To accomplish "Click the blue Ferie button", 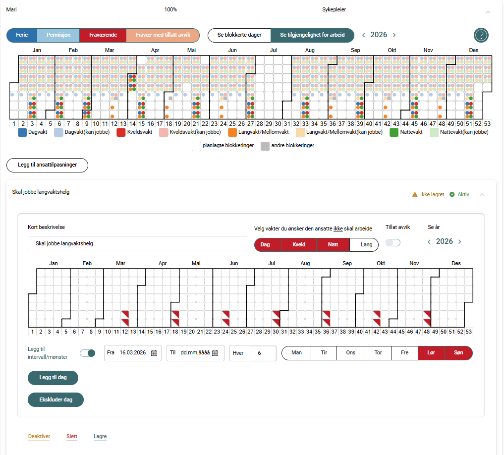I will click(x=22, y=35).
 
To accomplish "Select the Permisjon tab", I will click(x=58, y=35).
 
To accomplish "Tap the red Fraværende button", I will click(x=103, y=35).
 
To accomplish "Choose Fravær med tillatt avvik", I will click(x=163, y=35).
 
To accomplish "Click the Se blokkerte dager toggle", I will click(x=239, y=35).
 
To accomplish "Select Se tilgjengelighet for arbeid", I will click(x=313, y=35).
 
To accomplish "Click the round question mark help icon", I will click(x=481, y=35).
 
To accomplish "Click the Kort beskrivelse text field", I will click(x=137, y=243).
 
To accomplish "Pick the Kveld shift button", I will click(x=298, y=244).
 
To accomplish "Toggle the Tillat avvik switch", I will click(x=393, y=242).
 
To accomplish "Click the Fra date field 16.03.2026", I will click(x=132, y=353).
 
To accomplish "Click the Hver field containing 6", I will click(x=263, y=353).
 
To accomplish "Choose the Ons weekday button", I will click(x=351, y=353).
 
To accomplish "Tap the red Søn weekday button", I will click(x=458, y=353).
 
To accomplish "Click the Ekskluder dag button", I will click(x=56, y=399).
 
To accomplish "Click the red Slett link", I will click(x=72, y=437).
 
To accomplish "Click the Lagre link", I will click(x=100, y=437).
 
